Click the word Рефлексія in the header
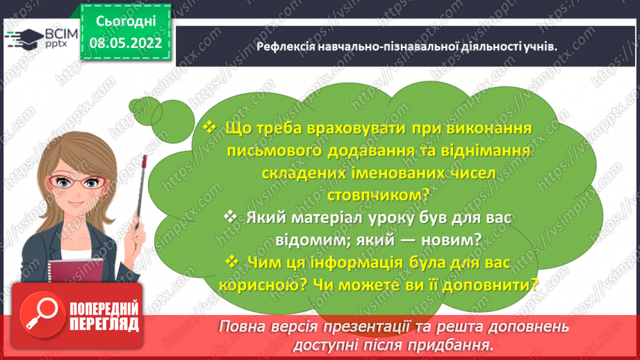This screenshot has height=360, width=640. click(286, 47)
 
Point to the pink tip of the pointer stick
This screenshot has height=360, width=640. click(144, 161)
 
